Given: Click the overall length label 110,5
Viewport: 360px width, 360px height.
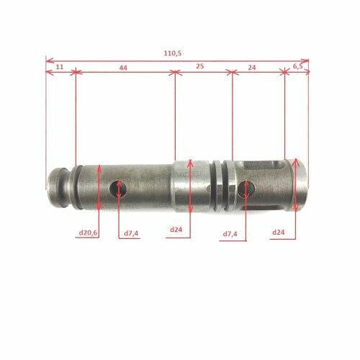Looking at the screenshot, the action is point(173,53).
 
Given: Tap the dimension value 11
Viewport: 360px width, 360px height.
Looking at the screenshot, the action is point(60,67).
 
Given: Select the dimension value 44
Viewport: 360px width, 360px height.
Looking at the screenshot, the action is point(123,68).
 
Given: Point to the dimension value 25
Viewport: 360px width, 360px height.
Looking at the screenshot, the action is point(200,66).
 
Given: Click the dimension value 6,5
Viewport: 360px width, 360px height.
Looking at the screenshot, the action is point(298,66).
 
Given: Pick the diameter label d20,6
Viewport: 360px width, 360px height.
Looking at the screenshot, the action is point(88,233).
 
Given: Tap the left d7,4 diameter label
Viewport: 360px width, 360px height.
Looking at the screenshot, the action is point(131,233).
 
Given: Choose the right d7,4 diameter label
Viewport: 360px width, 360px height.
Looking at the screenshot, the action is point(230,233).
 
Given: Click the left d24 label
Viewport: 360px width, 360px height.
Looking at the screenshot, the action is point(176,230).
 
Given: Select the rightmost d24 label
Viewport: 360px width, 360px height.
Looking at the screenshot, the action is point(279,232).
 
